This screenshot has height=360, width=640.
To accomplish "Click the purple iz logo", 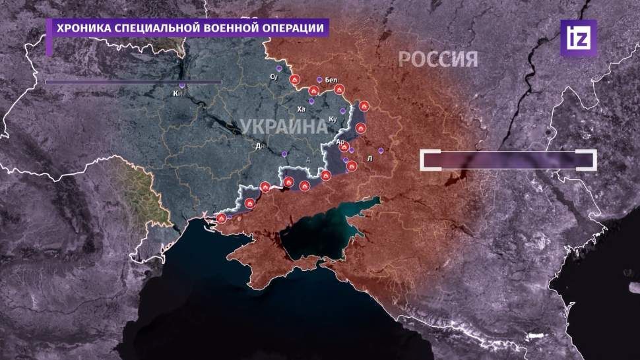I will [x=578, y=38].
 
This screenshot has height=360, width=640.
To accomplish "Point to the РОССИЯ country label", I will [x=437, y=59].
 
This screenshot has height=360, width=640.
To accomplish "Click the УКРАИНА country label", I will [x=283, y=126].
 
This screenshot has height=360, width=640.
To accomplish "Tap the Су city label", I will [x=274, y=77].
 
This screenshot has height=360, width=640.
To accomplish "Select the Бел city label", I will [x=331, y=80].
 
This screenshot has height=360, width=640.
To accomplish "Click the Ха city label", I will [x=302, y=109].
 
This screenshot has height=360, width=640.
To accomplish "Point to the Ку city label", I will [x=333, y=119].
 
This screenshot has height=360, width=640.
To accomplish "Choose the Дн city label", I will [x=260, y=146].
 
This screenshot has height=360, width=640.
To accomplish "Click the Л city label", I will [x=369, y=159].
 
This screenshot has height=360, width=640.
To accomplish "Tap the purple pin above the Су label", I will [x=280, y=68].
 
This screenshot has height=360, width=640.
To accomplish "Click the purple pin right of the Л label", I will [x=381, y=150].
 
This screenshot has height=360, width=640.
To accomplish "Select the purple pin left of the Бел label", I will [x=319, y=79].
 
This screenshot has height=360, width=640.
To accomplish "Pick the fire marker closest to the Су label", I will [x=295, y=80].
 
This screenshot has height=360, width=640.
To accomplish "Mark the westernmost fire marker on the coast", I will [x=222, y=217].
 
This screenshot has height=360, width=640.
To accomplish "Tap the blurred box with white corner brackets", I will [x=509, y=160].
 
